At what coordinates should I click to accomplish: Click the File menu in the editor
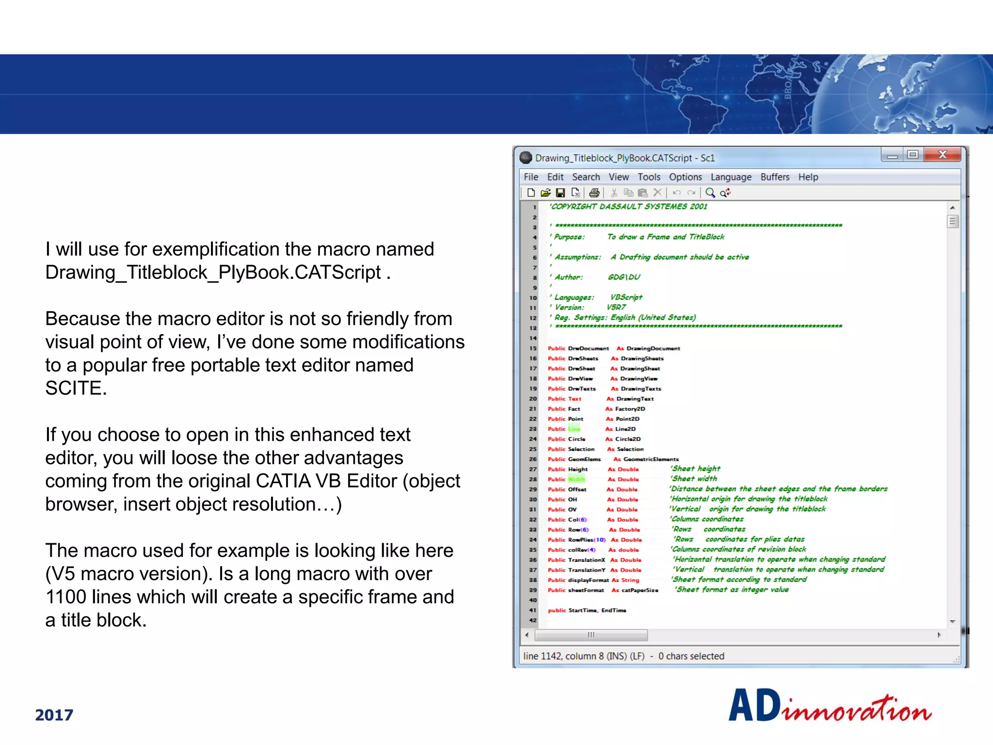pyautogui.click(x=531, y=177)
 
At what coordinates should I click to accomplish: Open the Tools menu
pyautogui.click(x=649, y=177)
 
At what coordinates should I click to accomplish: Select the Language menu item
pyautogui.click(x=731, y=177)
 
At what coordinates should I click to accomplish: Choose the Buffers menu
pyautogui.click(x=774, y=177)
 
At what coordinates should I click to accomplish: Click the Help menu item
pyautogui.click(x=808, y=177)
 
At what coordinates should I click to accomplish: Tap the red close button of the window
pyautogui.click(x=942, y=155)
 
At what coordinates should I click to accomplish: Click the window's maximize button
pyautogui.click(x=913, y=155)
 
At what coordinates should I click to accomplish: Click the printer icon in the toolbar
pyautogui.click(x=594, y=193)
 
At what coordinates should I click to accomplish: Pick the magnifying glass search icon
pyautogui.click(x=710, y=193)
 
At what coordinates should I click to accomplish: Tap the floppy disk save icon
pyautogui.click(x=560, y=193)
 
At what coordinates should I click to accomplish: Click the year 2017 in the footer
pyautogui.click(x=54, y=715)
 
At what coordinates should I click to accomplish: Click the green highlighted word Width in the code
pyautogui.click(x=577, y=479)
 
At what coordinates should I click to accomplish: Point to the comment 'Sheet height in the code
pyautogui.click(x=696, y=469)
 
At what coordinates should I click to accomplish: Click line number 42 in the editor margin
pyautogui.click(x=533, y=620)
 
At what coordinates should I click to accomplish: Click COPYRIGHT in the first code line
pyautogui.click(x=574, y=207)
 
